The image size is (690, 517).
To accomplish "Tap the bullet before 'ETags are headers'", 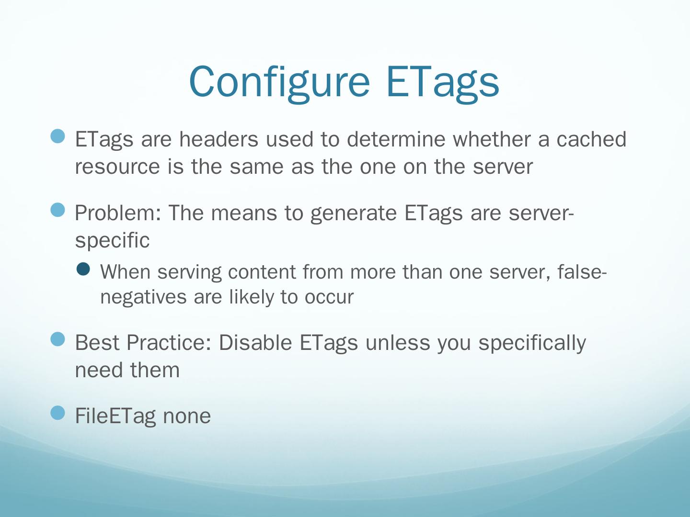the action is coord(57,136).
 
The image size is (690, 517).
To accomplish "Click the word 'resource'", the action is coord(117,167).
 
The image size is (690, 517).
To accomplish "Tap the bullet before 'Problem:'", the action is coord(57,210).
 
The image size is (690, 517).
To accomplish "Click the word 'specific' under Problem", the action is coord(112,241).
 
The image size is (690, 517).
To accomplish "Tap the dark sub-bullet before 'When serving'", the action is coord(83,269).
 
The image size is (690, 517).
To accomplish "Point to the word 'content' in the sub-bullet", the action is coord(262,272).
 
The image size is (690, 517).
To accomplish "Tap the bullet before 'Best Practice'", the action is coord(57,339).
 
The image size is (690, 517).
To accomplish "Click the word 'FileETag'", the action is coord(115,416).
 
